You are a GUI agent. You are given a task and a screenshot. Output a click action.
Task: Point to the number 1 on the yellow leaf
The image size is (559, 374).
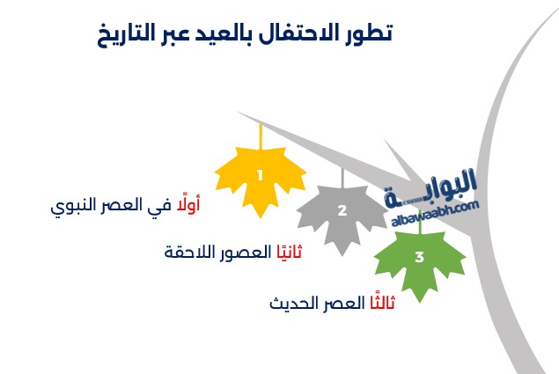coord(261,175)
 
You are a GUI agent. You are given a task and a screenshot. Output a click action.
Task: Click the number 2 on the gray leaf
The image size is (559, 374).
coord(342,210)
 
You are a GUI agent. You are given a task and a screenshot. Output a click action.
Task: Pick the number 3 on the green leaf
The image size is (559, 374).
coord(420,257)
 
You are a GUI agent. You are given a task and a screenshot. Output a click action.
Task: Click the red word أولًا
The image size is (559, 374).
coord(188,204)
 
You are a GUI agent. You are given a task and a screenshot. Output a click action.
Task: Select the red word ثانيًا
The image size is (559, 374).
coord(290,252)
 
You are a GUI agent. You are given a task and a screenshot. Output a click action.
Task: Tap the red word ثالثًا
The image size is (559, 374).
coord(382,303)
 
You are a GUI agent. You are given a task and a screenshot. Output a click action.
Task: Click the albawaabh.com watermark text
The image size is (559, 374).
coord(435,214)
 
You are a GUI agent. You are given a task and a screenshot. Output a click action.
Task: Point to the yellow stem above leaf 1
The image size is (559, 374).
coord(261,136)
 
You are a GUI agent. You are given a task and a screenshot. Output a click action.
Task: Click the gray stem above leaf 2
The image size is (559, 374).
coord(342,178)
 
